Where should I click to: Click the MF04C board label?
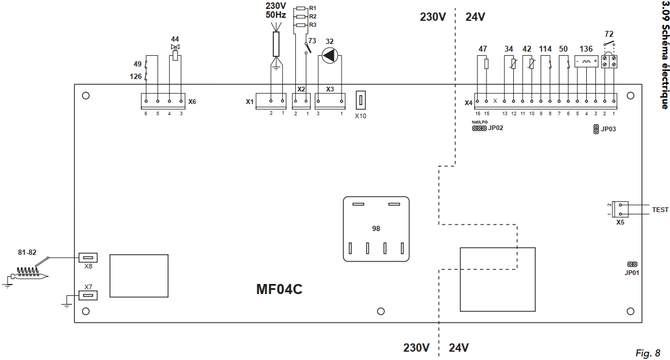click(280, 289)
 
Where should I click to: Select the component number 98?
click(376, 229)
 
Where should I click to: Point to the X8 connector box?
click(88, 258)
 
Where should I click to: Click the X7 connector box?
click(88, 295)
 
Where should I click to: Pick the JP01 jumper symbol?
click(632, 264)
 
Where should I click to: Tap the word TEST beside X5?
click(660, 210)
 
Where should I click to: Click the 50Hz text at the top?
click(276, 15)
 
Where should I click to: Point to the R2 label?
click(312, 16)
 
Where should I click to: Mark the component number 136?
click(586, 49)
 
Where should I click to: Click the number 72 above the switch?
click(609, 34)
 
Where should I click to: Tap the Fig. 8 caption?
click(647, 353)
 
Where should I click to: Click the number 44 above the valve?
click(175, 38)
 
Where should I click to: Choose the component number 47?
click(483, 49)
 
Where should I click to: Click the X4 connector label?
click(468, 103)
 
